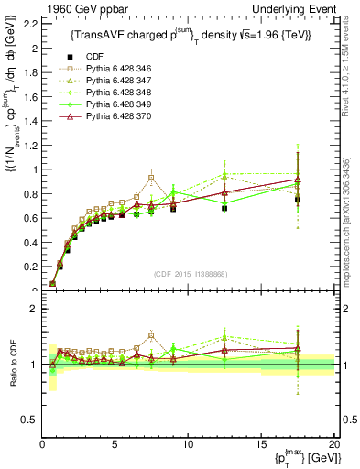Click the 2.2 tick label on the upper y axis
point(30,24)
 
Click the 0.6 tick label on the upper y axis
point(30,218)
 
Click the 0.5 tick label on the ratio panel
point(30,420)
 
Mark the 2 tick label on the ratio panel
point(35,309)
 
